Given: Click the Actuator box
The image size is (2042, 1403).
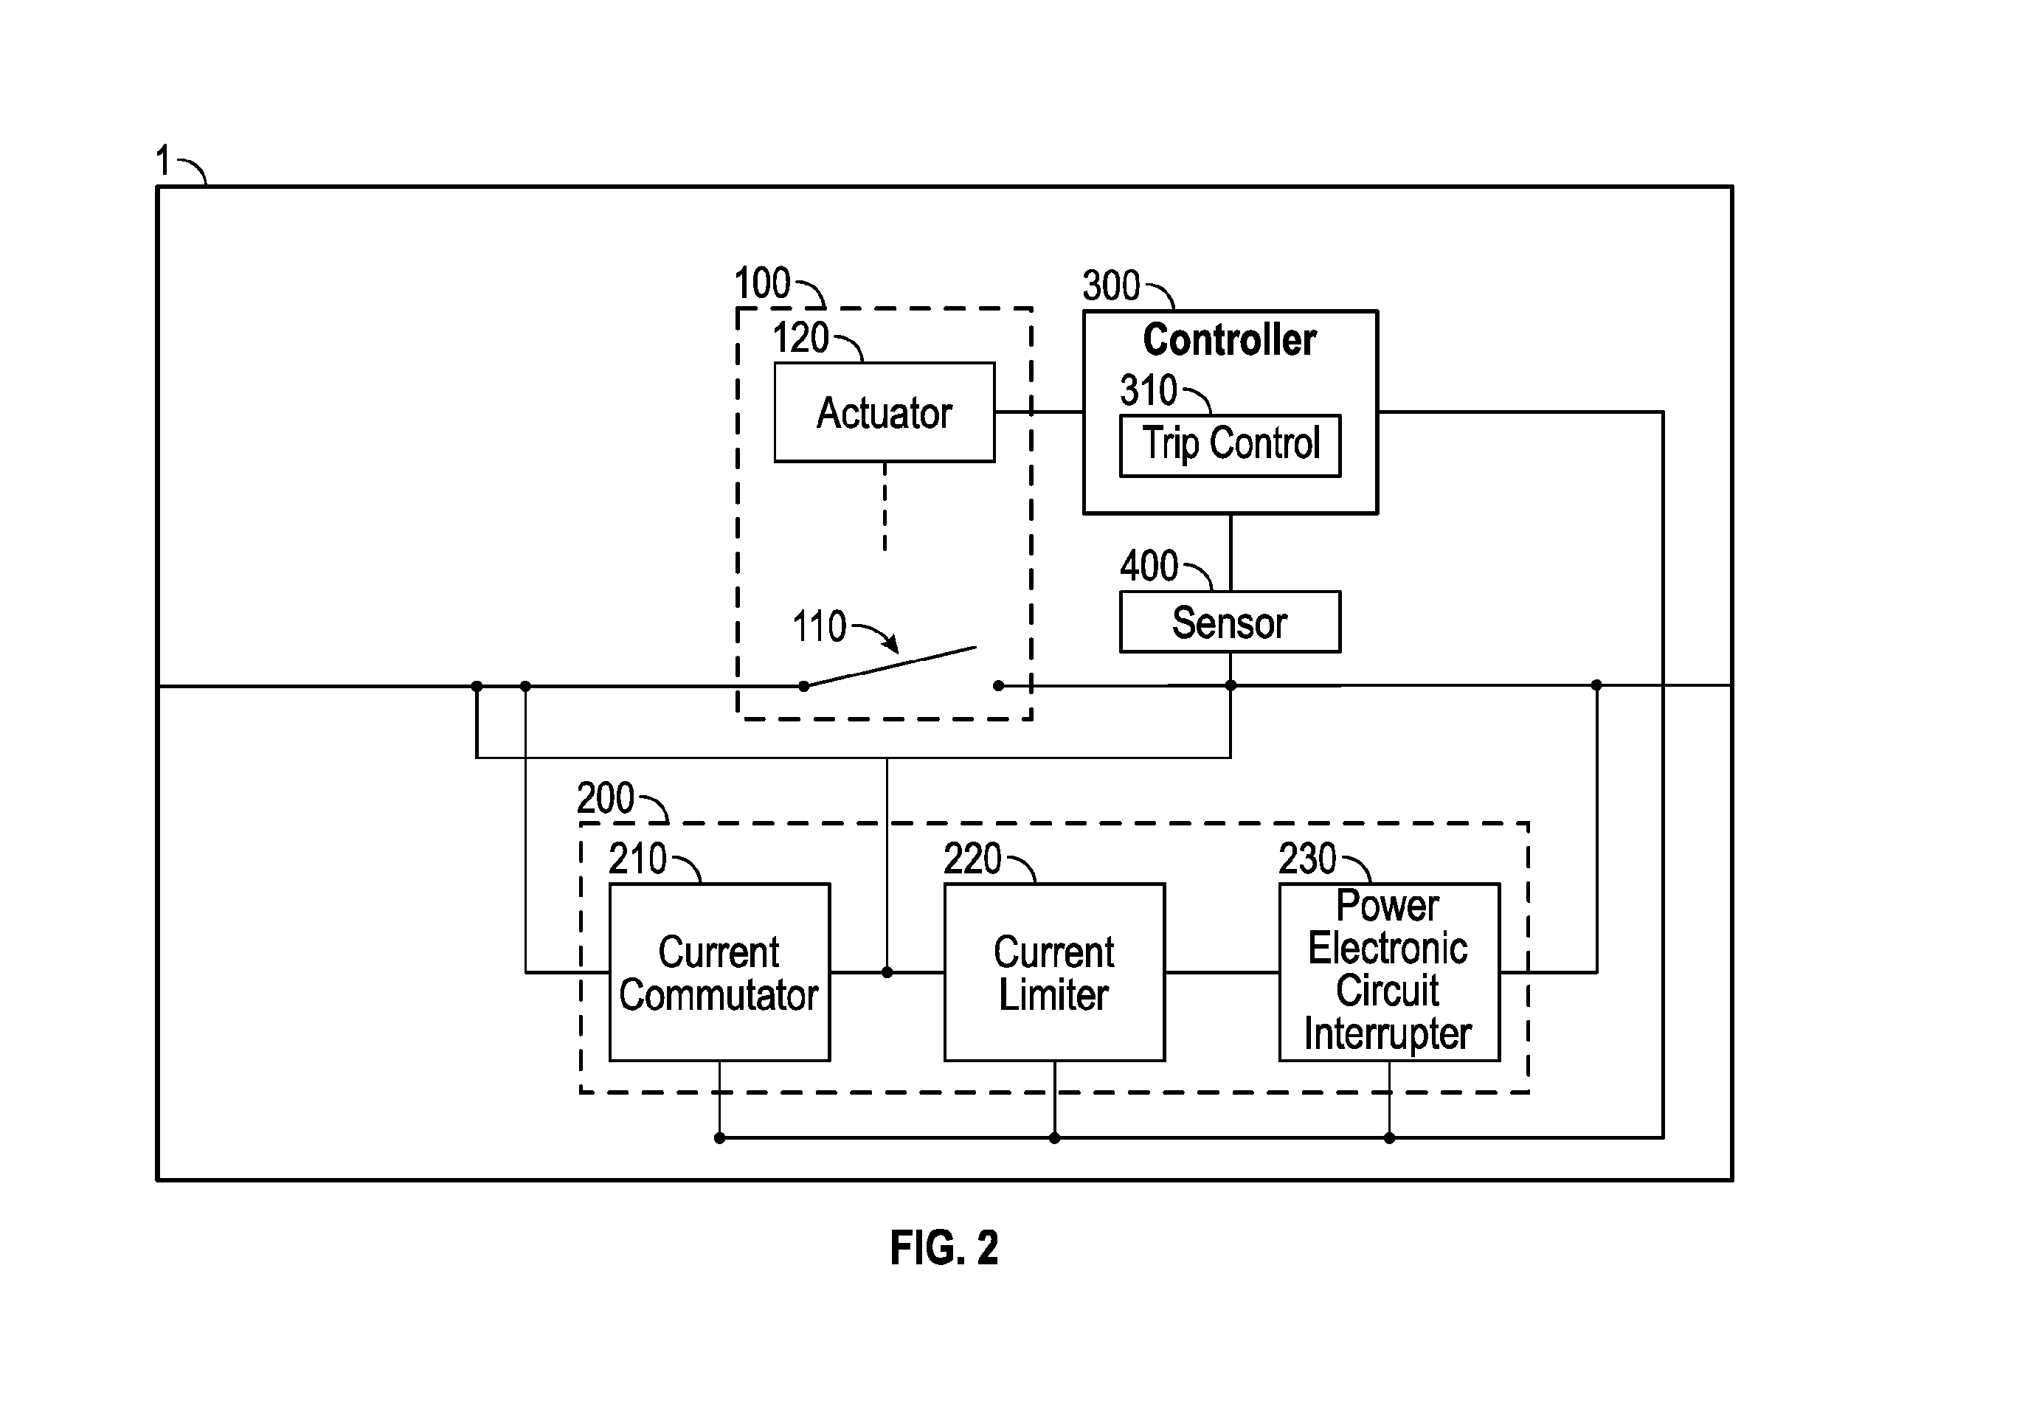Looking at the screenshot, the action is pos(885,412).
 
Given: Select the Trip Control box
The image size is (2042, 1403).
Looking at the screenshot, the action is pos(1230,446).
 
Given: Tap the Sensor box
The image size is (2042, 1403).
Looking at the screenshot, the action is pos(1230,623).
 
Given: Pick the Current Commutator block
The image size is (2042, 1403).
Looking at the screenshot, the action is pos(719,972).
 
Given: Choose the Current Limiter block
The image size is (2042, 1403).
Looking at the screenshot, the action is pos(1054,972).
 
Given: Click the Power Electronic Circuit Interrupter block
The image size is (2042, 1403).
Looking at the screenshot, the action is pos(1389,972).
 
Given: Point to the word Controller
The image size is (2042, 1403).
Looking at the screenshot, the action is pos(1229,340).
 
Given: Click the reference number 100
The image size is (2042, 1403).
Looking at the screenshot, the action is pos(762,284).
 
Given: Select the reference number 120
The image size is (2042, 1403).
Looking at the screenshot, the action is pos(801,338).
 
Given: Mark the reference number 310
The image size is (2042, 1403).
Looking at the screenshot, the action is pos(1148,390).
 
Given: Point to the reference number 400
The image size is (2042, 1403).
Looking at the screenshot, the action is pos(1149,566).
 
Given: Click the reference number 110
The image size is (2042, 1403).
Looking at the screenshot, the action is pos(820,627).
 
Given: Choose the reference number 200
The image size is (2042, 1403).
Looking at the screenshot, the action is pos(606,798).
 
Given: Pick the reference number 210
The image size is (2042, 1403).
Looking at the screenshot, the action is pos(637,859).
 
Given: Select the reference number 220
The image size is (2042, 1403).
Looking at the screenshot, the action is pos(972,859).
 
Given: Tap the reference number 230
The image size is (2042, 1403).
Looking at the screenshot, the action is pos(1307,859).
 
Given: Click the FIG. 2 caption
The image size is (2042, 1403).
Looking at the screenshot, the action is pos(944,1247).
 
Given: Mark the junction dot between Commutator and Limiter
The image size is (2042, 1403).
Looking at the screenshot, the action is pos(887,972).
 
